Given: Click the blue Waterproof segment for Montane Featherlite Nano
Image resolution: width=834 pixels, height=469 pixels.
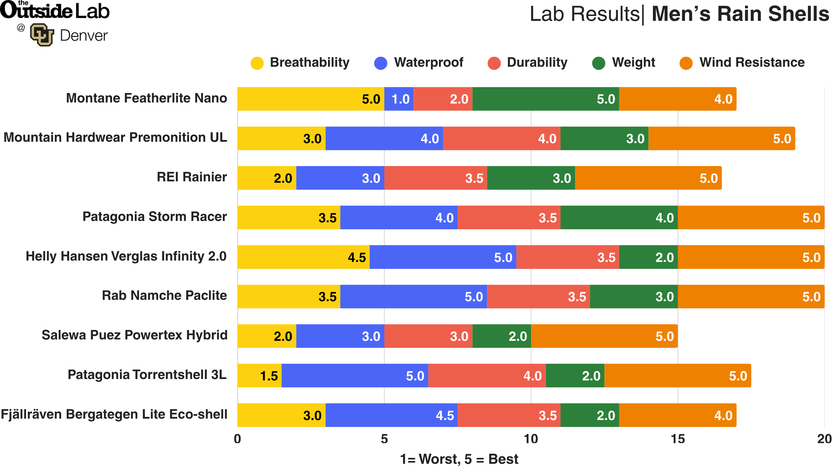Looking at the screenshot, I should point(399,99).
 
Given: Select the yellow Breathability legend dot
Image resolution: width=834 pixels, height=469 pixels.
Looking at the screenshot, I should point(257,63).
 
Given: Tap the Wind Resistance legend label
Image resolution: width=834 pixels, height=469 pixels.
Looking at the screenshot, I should point(752,63).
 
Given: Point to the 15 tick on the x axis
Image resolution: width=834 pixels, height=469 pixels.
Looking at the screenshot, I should point(678,439).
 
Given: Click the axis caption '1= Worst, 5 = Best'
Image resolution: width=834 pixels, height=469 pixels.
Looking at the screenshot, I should point(459,459).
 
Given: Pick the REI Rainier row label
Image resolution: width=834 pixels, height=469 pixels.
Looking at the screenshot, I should point(191,177).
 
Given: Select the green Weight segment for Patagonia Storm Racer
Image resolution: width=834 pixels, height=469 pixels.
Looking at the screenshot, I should point(619,217).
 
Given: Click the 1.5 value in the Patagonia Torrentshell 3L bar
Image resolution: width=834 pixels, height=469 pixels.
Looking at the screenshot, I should point(269,376).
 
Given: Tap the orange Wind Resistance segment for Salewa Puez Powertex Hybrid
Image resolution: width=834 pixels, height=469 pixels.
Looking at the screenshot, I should point(604,336).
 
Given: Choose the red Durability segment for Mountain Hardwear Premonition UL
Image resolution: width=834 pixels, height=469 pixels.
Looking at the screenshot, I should point(501,139).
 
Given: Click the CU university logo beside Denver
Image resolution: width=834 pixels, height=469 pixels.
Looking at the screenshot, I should point(42,35).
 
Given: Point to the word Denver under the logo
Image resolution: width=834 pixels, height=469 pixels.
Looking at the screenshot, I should point(84,36).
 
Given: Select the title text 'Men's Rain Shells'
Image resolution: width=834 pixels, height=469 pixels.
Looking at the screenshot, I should point(740,14).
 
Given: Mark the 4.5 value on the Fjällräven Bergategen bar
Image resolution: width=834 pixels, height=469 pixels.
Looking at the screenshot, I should point(445,415).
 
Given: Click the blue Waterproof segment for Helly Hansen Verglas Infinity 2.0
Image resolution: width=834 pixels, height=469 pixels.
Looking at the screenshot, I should point(443,257).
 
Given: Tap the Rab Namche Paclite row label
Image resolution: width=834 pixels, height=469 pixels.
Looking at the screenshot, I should point(164,296).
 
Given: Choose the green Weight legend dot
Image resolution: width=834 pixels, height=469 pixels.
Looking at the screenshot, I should point(598,63).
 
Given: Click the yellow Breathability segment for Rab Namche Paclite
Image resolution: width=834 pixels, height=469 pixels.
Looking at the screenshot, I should point(288,297).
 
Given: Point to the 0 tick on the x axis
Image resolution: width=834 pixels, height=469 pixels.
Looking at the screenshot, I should point(237,439).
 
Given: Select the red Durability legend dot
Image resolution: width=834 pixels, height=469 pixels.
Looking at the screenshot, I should point(494,63).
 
